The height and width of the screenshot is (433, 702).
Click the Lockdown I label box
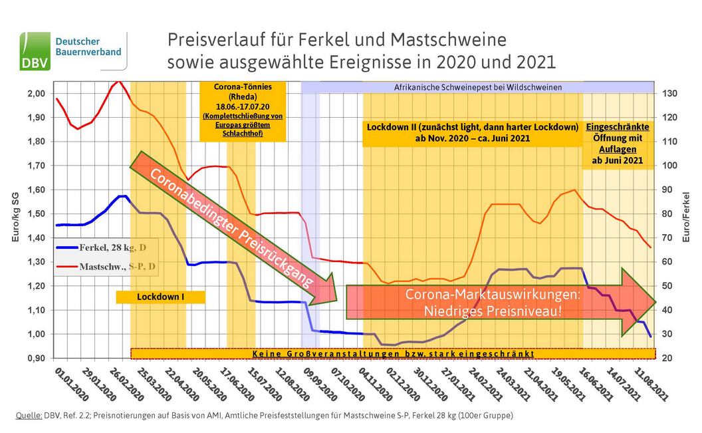[160, 297]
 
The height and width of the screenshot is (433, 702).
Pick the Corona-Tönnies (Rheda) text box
[242, 110]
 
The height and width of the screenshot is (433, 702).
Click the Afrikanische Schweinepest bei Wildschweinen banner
[478, 87]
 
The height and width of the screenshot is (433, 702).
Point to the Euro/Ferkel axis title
[687, 217]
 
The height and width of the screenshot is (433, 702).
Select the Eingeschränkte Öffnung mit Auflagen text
[617, 143]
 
